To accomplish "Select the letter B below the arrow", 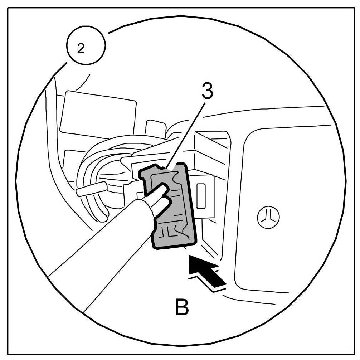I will pos(182,307).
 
